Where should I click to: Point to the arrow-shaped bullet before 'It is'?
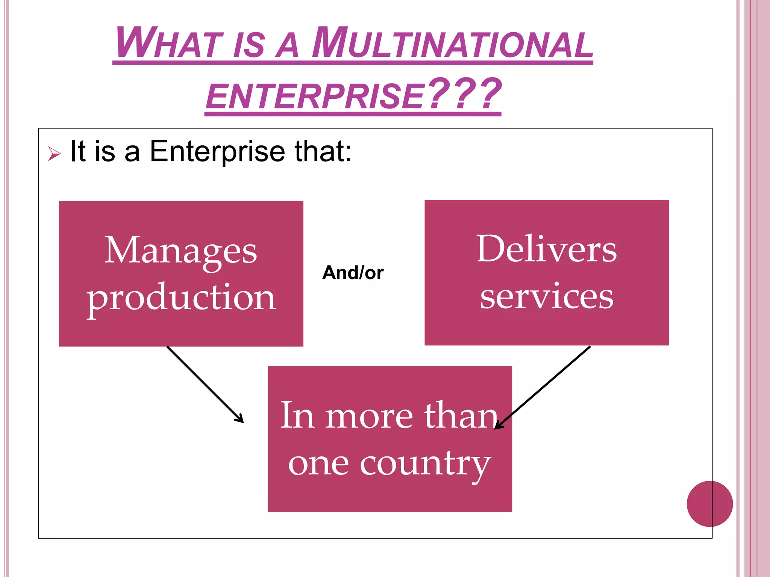[x=54, y=154]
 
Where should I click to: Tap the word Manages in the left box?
[x=180, y=251]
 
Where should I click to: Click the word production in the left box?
[x=181, y=298]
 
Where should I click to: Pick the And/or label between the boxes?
[x=353, y=272]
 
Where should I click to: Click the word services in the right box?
[x=547, y=296]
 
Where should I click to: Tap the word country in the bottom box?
[x=425, y=464]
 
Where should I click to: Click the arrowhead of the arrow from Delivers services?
[x=498, y=426]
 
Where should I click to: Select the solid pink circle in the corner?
[x=709, y=504]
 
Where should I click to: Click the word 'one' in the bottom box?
[x=318, y=464]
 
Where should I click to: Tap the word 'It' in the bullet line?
[x=78, y=151]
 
